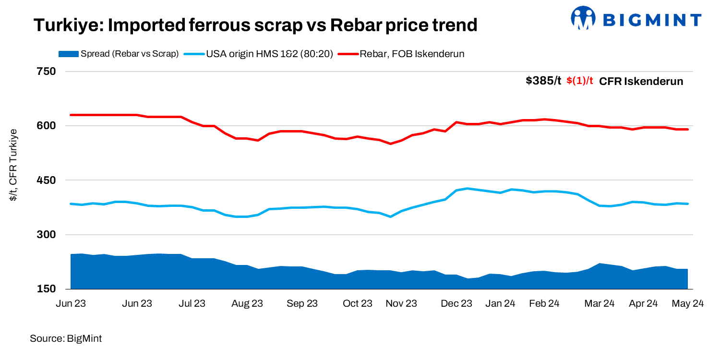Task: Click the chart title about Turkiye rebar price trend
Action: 255,25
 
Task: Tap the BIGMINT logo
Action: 636,19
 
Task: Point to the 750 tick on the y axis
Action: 47,72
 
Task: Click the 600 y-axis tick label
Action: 47,126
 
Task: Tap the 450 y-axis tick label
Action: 47,180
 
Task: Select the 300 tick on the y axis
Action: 47,235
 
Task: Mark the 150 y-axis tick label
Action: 47,289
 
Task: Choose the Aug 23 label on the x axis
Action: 247,304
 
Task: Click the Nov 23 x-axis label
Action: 401,304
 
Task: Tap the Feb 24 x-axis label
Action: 544,304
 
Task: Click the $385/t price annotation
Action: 543,81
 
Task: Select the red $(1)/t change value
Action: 580,81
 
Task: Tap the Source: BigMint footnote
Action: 66,339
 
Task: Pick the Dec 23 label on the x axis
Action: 456,304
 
